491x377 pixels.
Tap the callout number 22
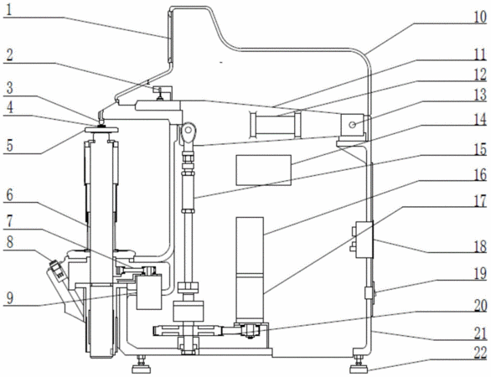(480, 353)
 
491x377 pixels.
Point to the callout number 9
(10, 297)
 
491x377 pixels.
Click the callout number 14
(480, 120)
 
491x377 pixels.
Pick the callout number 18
(479, 246)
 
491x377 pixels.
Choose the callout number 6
(9, 195)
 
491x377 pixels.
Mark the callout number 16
(480, 175)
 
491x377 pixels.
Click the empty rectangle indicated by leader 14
(264, 170)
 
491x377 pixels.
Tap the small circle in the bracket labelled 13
(352, 125)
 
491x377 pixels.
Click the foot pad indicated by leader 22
(360, 369)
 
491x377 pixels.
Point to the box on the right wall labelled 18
(364, 240)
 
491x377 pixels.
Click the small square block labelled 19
(369, 293)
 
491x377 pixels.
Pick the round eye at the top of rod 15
(189, 130)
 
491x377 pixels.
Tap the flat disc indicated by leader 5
(101, 130)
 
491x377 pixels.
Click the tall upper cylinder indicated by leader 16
(250, 245)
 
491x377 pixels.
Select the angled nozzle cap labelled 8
(58, 269)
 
